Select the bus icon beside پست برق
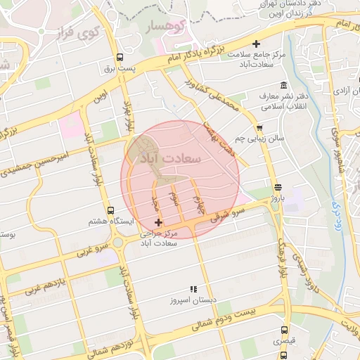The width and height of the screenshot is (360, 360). point(120,58)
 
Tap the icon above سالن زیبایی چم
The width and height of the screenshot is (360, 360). point(260,128)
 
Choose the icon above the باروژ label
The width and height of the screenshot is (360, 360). point(279,187)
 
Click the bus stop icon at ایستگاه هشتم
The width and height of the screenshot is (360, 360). point(109,210)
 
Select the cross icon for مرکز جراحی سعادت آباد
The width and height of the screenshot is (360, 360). point(158,222)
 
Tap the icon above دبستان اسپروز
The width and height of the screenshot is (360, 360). point(193,289)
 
